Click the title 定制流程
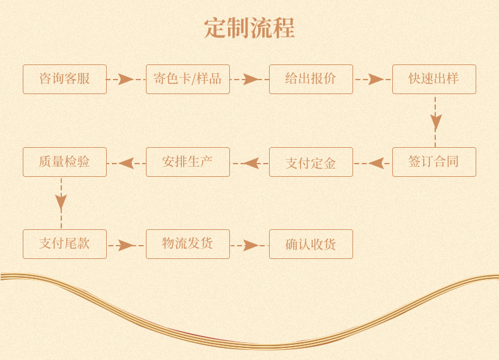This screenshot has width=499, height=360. click(x=249, y=28)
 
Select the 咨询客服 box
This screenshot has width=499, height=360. click(x=64, y=79)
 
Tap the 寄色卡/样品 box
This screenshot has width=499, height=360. click(x=188, y=79)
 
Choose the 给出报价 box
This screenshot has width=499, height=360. click(x=311, y=79)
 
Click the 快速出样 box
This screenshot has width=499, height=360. click(x=434, y=79)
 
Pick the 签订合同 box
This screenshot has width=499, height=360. click(x=434, y=162)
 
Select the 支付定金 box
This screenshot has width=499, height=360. click(x=311, y=162)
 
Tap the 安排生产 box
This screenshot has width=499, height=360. click(x=188, y=162)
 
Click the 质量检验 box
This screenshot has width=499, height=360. click(x=64, y=162)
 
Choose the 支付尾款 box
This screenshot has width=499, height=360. click(x=64, y=244)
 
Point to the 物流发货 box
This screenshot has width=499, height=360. click(x=188, y=244)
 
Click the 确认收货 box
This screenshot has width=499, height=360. click(x=311, y=244)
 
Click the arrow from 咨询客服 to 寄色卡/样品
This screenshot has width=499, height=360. click(x=126, y=80)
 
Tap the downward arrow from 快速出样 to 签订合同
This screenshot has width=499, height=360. click(x=435, y=121)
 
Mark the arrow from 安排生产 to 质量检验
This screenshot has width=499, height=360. click(x=126, y=163)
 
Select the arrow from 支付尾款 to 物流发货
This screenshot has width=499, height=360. click(x=126, y=245)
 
